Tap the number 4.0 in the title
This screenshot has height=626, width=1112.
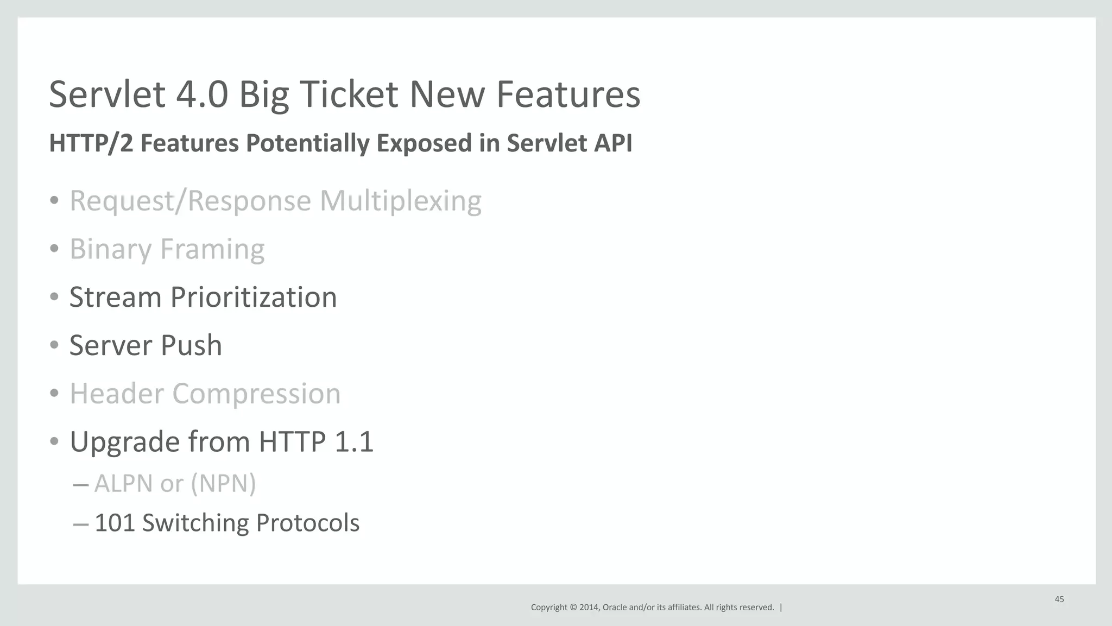pos(201,94)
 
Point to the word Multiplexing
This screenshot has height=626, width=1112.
pos(400,201)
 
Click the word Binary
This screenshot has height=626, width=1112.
pos(110,250)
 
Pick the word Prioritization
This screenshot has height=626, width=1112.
pos(253,298)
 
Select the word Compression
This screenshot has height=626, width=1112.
pos(256,394)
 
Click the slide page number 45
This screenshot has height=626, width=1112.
pos(1059,599)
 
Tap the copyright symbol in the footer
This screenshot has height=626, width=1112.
pos(573,608)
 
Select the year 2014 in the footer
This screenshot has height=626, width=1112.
pos(589,608)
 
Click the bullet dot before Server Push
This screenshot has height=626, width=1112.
pos(54,345)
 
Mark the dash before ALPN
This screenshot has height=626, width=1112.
pos(80,484)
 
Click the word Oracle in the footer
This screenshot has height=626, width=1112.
pos(614,608)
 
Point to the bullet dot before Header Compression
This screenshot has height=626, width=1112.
pos(54,394)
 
